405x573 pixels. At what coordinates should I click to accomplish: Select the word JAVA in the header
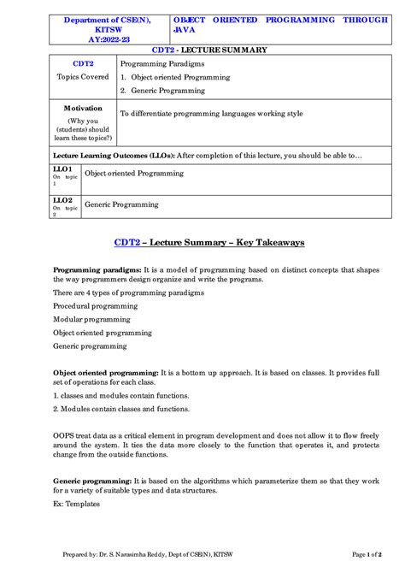pyautogui.click(x=185, y=28)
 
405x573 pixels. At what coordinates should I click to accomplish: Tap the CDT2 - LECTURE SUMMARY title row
pyautogui.click(x=209, y=50)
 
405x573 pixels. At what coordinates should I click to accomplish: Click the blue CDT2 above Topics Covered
pyautogui.click(x=83, y=64)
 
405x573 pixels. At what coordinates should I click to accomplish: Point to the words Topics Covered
pyautogui.click(x=83, y=77)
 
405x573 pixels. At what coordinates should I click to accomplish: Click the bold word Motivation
pyautogui.click(x=83, y=109)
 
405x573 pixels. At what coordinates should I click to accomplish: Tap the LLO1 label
pyautogui.click(x=61, y=169)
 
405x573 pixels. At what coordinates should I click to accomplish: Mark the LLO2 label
pyautogui.click(x=61, y=200)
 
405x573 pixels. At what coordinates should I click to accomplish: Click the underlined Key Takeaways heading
pyautogui.click(x=208, y=243)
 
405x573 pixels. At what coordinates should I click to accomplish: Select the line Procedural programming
pyautogui.click(x=95, y=305)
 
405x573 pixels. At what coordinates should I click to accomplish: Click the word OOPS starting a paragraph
pyautogui.click(x=64, y=436)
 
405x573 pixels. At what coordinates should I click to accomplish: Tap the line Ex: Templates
pyautogui.click(x=76, y=504)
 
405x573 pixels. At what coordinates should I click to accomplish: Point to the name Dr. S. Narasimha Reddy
pyautogui.click(x=143, y=555)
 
